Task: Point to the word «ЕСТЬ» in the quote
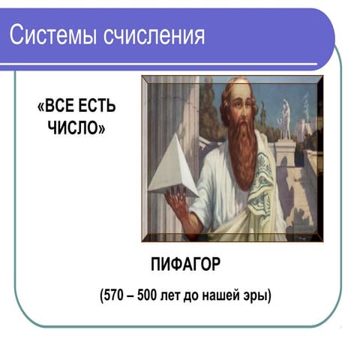point(97,106)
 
